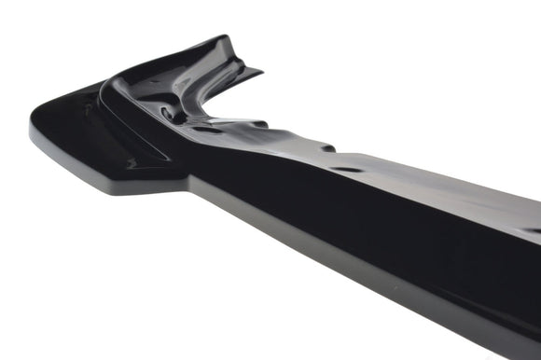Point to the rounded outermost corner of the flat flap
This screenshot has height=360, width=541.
pyautogui.click(x=35, y=131)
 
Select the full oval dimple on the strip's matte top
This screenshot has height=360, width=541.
pyautogui.click(x=347, y=170)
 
